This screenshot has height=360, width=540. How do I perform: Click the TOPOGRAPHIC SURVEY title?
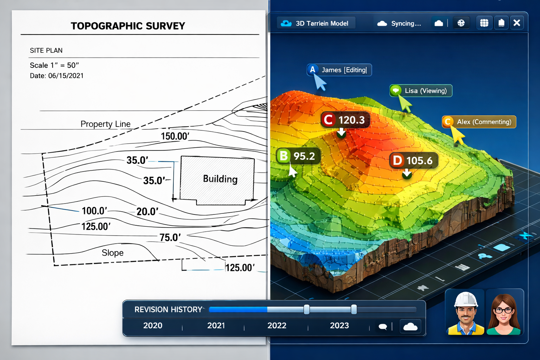(x=128, y=26)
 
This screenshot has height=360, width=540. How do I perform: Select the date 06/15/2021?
(x=66, y=76)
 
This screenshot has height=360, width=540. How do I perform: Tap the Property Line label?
(x=105, y=124)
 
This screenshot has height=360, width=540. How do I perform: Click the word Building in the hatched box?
(x=220, y=179)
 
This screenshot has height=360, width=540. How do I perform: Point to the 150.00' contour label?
(x=175, y=136)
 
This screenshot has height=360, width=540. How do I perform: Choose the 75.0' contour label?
(x=170, y=238)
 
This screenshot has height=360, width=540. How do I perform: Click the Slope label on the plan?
(x=112, y=253)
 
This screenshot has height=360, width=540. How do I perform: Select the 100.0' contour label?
(x=94, y=211)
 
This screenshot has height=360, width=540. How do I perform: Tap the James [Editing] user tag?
(x=339, y=70)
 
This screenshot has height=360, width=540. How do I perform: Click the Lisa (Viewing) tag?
(x=421, y=91)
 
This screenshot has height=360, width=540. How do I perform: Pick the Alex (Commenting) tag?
(x=479, y=122)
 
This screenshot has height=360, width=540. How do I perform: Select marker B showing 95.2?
(x=298, y=156)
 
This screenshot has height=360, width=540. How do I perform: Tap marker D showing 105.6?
(x=413, y=161)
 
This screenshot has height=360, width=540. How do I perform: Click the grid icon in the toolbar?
(x=484, y=23)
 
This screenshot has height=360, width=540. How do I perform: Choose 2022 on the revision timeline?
(x=277, y=326)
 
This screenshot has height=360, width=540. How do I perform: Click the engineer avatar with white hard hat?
(x=465, y=313)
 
